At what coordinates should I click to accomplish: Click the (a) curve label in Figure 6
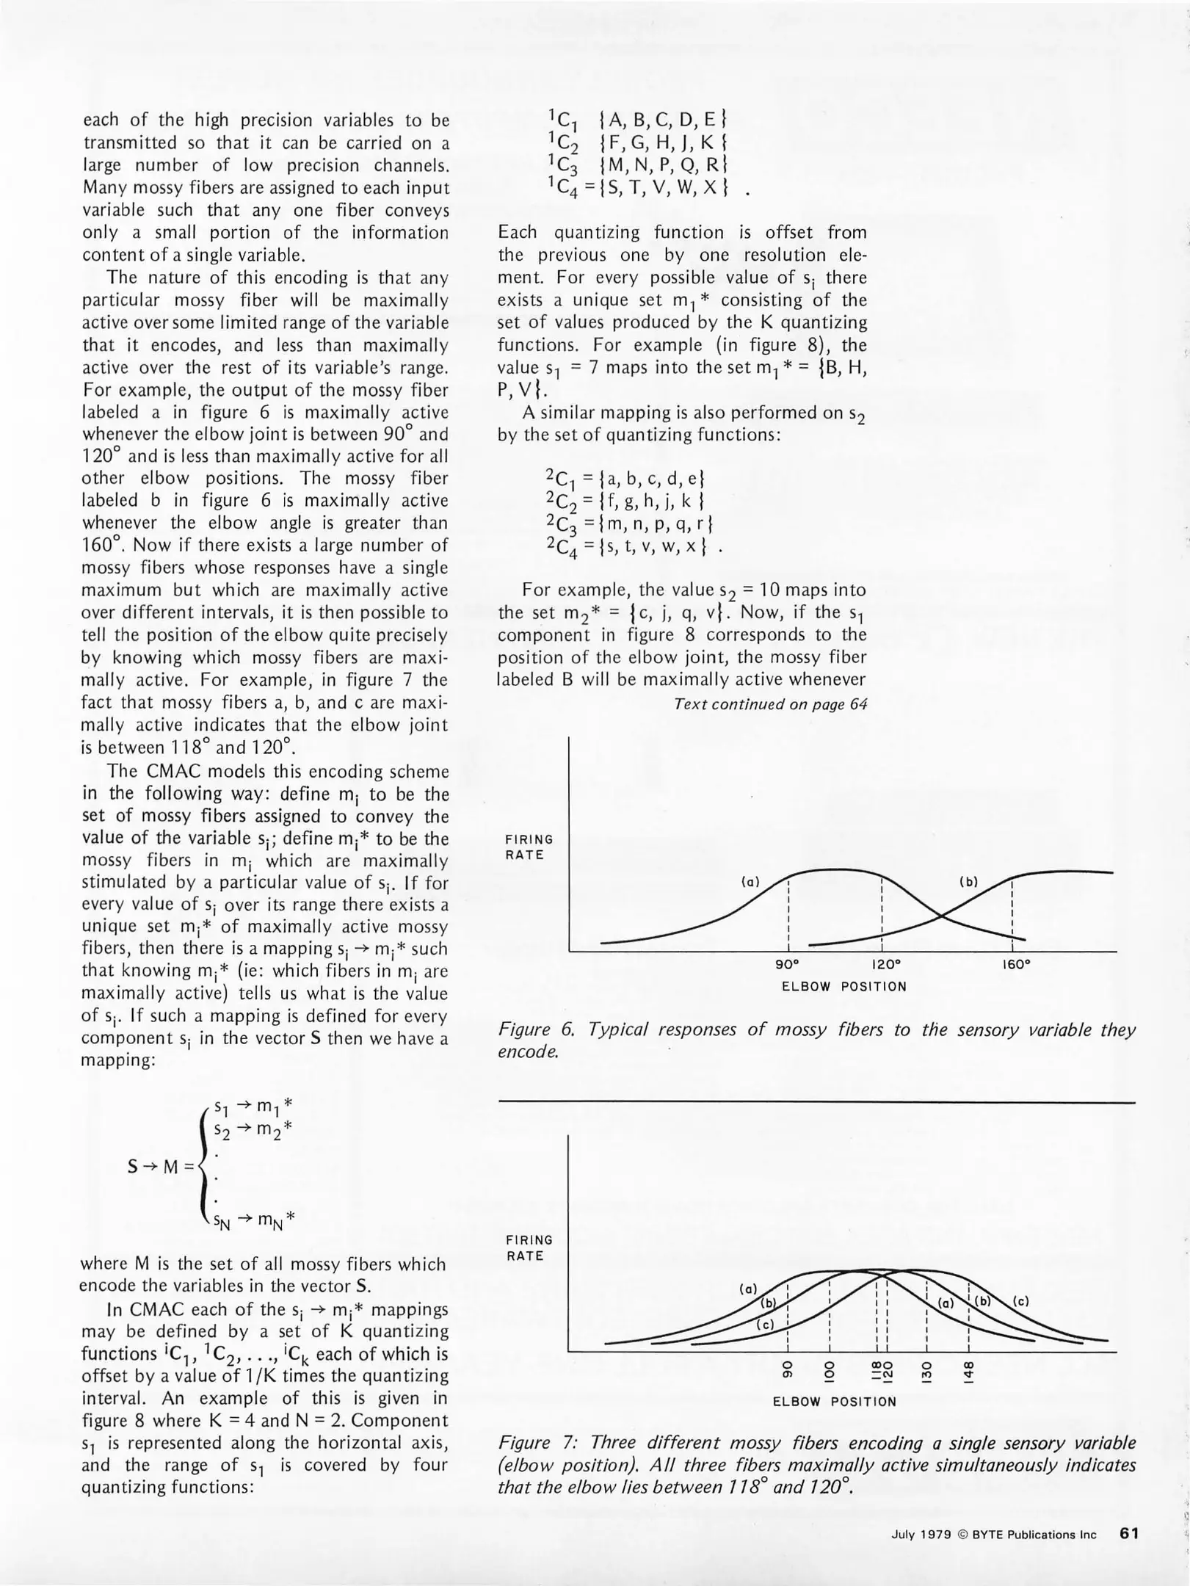coord(750,881)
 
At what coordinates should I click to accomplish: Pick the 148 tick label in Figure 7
coord(969,1370)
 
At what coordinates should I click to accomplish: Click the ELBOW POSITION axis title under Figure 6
coord(843,986)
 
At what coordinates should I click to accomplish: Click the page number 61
coord(1128,1534)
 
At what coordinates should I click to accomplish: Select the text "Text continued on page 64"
coord(770,704)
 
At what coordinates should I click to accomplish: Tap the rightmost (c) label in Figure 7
coord(1020,1301)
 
